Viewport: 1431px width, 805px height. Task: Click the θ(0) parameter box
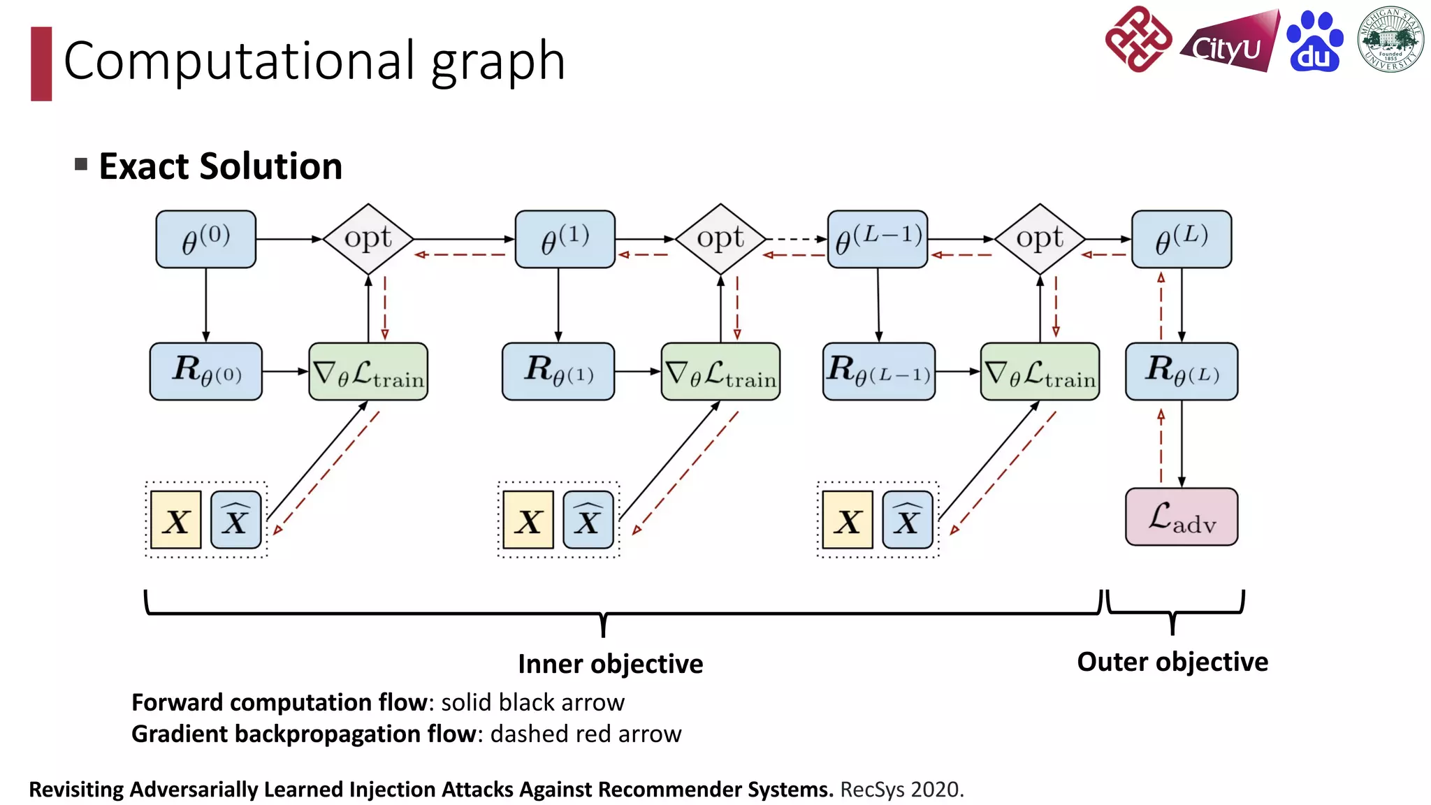point(205,239)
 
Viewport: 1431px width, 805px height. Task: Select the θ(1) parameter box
point(565,239)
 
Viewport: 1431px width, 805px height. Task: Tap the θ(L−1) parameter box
point(878,239)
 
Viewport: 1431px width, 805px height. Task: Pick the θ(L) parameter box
point(1182,239)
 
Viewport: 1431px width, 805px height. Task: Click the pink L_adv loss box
point(1182,517)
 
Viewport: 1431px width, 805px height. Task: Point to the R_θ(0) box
point(205,371)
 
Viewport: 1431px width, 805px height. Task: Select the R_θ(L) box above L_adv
point(1182,371)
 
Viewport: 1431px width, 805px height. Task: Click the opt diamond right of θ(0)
point(368,239)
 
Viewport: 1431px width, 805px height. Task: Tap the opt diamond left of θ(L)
point(1040,239)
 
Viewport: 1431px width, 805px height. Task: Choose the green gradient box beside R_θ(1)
point(720,371)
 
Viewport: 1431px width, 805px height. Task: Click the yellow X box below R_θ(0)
point(176,520)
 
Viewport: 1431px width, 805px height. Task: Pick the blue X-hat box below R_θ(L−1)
point(907,520)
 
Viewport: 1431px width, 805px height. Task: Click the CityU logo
point(1229,43)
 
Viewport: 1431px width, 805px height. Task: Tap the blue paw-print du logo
point(1314,42)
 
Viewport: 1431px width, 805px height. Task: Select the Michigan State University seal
point(1390,40)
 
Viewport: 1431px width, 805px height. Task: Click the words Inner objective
point(610,664)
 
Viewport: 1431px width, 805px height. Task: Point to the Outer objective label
point(1172,662)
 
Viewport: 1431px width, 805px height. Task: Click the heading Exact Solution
point(220,166)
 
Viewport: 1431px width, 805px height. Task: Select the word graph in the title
point(497,61)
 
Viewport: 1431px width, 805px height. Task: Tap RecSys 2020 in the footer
point(901,790)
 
